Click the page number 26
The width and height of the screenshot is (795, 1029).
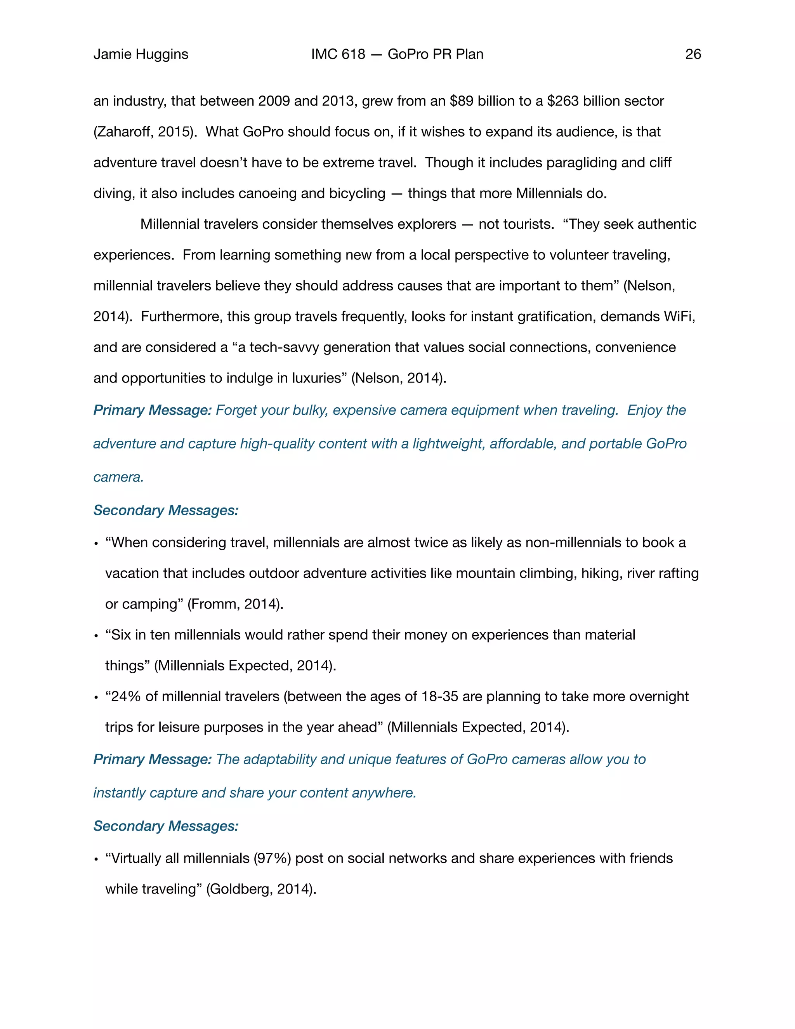(693, 54)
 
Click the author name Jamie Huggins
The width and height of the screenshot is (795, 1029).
(141, 54)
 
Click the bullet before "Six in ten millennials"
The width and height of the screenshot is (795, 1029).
(96, 636)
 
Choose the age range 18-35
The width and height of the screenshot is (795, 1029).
(439, 696)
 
